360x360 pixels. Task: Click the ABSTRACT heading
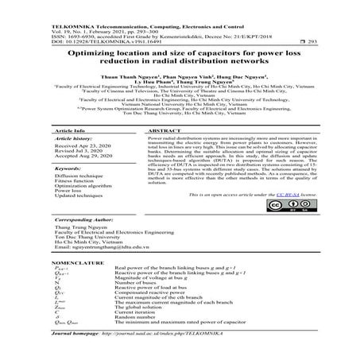tap(164, 130)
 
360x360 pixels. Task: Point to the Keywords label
tap(72, 168)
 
